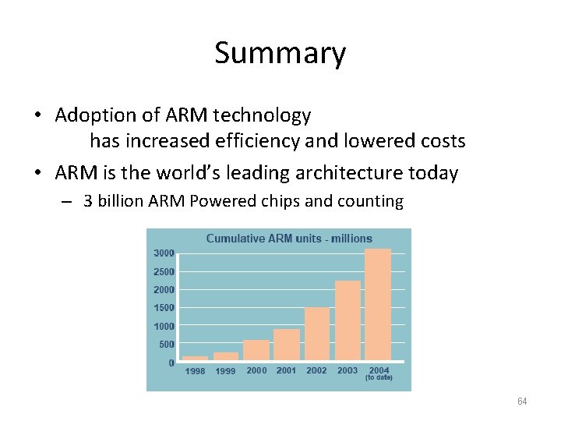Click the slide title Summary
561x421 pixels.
[280, 54]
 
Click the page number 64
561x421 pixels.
[522, 402]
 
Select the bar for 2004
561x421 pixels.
[378, 304]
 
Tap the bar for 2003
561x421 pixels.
[348, 320]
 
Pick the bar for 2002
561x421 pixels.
[317, 334]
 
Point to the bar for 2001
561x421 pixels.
[287, 345]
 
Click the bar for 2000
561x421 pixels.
[256, 350]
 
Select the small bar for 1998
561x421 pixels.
[196, 358]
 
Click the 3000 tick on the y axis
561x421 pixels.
[164, 253]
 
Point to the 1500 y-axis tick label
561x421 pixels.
[164, 308]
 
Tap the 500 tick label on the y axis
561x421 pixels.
[167, 345]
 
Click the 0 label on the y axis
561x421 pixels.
[171, 363]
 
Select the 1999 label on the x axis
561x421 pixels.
[225, 371]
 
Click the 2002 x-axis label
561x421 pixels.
[317, 370]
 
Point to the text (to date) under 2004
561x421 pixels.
[379, 378]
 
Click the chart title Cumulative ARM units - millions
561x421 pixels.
[289, 239]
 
